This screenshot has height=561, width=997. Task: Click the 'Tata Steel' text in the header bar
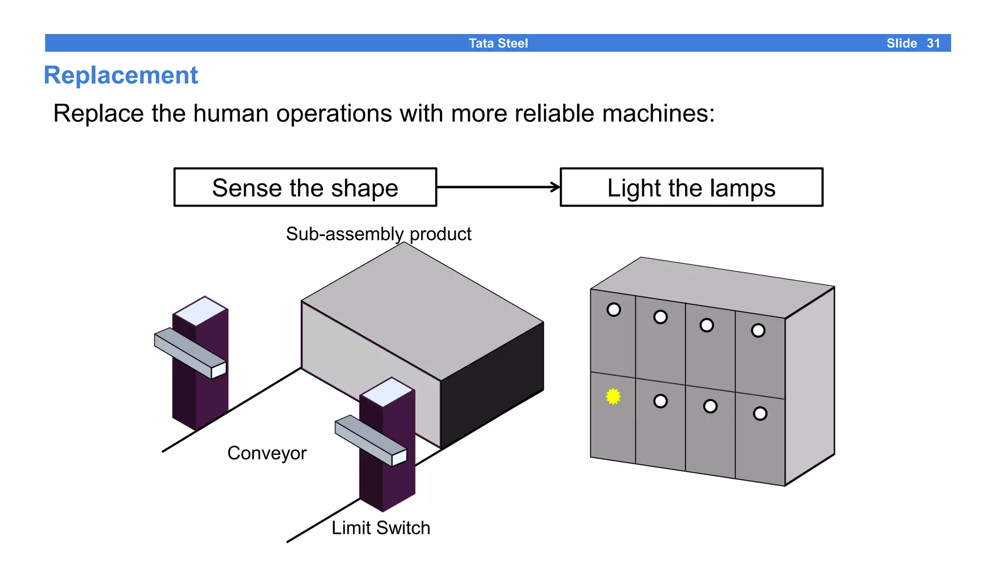[x=498, y=43]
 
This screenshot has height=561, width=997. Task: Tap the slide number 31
[x=933, y=43]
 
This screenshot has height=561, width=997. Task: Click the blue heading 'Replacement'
[x=121, y=75]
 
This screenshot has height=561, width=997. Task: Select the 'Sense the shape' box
[x=305, y=187]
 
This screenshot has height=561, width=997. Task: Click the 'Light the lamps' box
[x=691, y=187]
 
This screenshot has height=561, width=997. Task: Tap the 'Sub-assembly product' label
[x=378, y=234]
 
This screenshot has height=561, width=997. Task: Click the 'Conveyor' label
[x=267, y=453]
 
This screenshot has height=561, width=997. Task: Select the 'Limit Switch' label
[x=381, y=528]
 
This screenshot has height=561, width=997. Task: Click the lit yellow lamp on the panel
[x=613, y=396]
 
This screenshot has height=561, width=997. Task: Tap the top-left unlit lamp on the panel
[x=613, y=310]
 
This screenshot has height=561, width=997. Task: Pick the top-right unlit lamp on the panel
[x=758, y=331]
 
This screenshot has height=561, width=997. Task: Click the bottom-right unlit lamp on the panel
[x=760, y=414]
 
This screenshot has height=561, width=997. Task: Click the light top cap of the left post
[x=201, y=311]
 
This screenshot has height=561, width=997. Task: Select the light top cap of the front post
[x=388, y=392]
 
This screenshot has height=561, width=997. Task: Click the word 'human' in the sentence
[x=230, y=113]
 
